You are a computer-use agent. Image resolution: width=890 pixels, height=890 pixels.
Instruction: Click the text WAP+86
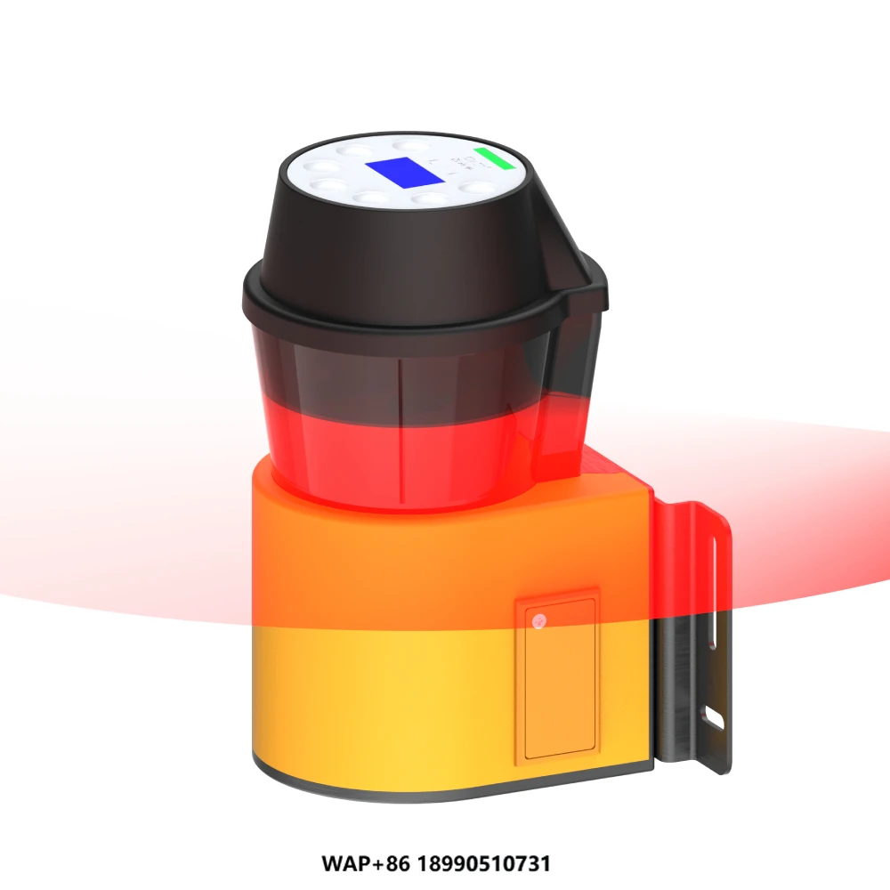pyautogui.click(x=356, y=863)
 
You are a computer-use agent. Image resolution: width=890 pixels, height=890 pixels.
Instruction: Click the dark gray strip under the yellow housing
pyautogui.click(x=445, y=781)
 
